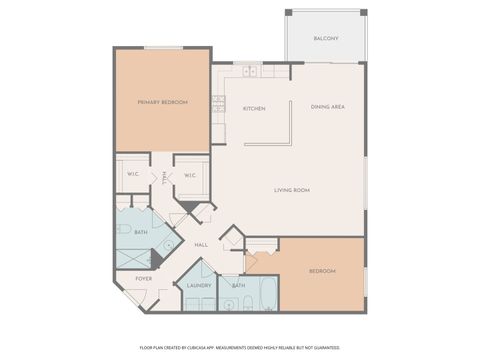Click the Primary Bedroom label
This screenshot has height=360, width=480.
pos(162,101)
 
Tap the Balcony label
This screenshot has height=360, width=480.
pos(325,38)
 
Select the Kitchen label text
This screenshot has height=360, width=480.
pos(254,108)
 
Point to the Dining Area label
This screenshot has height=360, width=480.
pos(327,106)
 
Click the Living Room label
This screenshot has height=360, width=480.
pos(292,189)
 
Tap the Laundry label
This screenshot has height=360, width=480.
pos(199,285)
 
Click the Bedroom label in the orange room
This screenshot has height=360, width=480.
pos(321,271)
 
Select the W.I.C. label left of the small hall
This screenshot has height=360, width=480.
pos(132,174)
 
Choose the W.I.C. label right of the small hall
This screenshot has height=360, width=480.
pos(191,174)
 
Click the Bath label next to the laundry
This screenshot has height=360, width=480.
pos(238,285)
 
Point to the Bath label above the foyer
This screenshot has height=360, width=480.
pos(141,232)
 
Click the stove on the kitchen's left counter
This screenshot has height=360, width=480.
pos(218,103)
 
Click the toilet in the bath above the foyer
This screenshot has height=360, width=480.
pos(123,229)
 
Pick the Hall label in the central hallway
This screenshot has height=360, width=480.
pos(200,244)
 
